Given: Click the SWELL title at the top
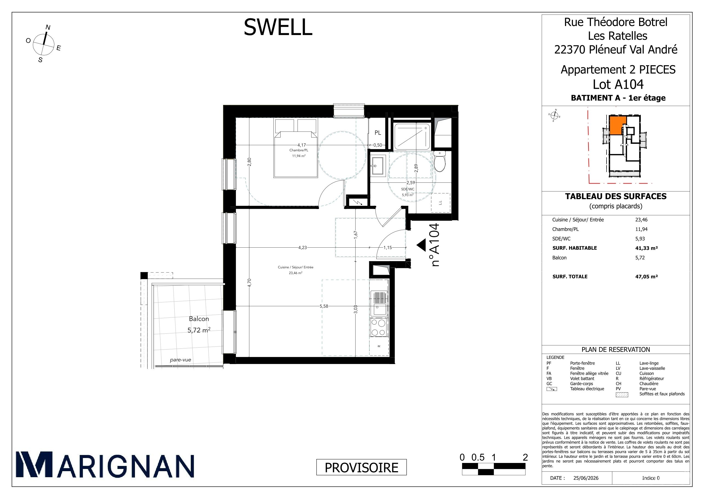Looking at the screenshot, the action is [x=278, y=27].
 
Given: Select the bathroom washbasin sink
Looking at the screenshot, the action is [x=378, y=166].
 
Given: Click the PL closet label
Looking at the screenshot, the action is [x=378, y=133].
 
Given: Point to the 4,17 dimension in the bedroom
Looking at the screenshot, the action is [x=301, y=145].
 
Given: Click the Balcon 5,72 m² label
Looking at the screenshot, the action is [x=199, y=324].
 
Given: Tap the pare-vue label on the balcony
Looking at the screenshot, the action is [x=181, y=360].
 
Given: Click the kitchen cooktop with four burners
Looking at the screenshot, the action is [x=378, y=328].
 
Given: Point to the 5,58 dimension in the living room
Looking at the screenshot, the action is [x=324, y=306].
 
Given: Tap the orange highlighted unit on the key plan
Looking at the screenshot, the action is [x=617, y=125].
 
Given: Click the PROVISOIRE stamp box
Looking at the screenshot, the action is [x=362, y=467].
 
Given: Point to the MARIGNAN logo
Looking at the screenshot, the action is [x=105, y=465].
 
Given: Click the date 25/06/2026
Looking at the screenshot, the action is [x=586, y=478].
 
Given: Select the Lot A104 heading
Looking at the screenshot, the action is [x=618, y=84].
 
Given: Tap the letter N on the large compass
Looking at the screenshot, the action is [x=48, y=27].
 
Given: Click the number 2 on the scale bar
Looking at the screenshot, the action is [x=525, y=457].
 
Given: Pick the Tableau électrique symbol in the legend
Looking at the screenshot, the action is [x=552, y=389].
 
